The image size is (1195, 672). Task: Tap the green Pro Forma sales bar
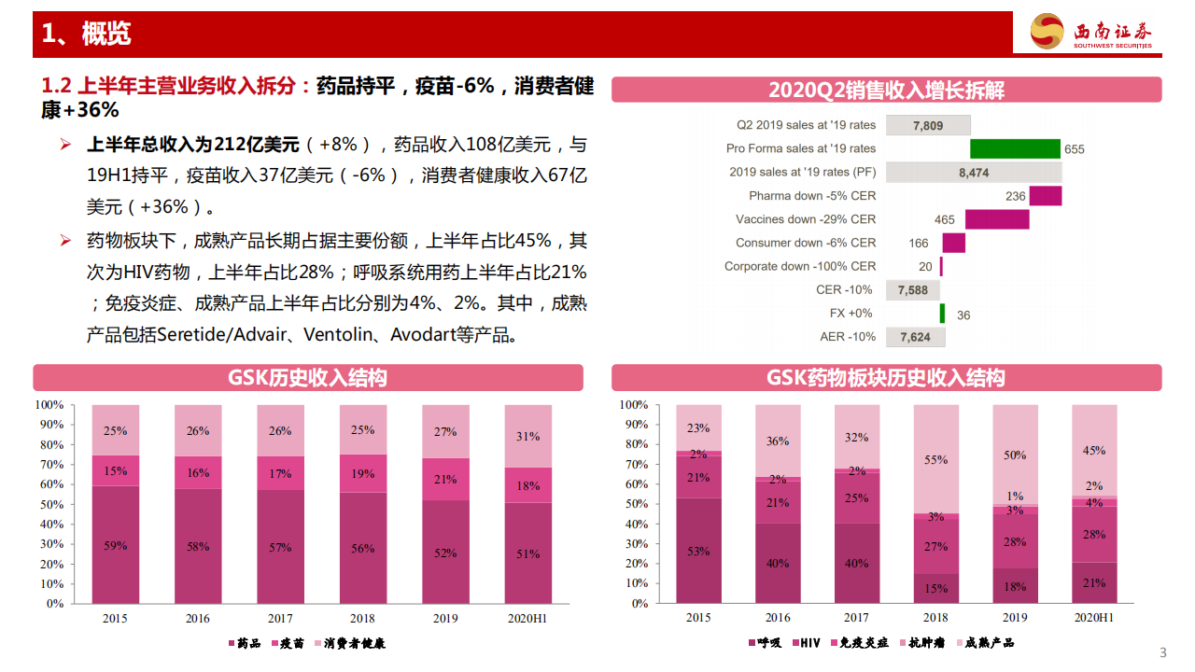(x=1015, y=148)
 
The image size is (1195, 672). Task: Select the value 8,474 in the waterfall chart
(x=974, y=173)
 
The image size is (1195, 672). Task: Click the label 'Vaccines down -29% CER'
(x=806, y=219)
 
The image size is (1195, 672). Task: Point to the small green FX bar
(x=942, y=314)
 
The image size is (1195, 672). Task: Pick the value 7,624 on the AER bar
(x=915, y=337)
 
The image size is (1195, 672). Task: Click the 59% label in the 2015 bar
(x=116, y=546)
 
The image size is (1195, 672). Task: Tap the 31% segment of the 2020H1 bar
(x=528, y=436)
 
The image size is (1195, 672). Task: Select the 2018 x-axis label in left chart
(x=363, y=619)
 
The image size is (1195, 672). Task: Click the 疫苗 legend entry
(x=287, y=643)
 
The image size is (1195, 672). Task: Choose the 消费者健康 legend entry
(x=349, y=643)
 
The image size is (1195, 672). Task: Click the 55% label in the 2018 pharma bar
(x=936, y=460)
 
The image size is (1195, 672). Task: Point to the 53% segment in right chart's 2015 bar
(x=698, y=551)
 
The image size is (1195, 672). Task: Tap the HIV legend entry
(x=807, y=643)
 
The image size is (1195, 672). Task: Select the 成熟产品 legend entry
(x=983, y=643)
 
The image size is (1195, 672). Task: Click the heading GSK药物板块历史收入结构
(x=886, y=378)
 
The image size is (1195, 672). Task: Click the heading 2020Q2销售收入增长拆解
(x=886, y=90)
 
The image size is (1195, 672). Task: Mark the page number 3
(x=1162, y=651)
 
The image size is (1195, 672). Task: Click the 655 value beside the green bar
(x=1075, y=149)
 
